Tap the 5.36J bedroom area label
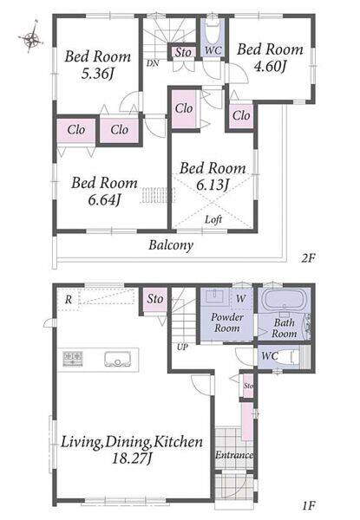click(x=97, y=74)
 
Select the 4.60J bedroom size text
click(x=270, y=67)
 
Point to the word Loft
click(x=213, y=219)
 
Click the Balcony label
click(x=171, y=245)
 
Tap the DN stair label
click(x=153, y=63)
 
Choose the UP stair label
click(x=182, y=348)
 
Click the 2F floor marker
click(x=308, y=257)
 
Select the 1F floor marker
click(x=308, y=505)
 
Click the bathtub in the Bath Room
click(x=284, y=300)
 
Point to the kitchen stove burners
click(x=73, y=359)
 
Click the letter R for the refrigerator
click(x=69, y=300)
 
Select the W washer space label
click(x=241, y=298)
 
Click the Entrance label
click(x=234, y=455)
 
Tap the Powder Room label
click(x=227, y=322)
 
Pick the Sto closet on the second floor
click(x=183, y=52)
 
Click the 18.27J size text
click(x=132, y=459)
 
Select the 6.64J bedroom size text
click(x=104, y=199)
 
